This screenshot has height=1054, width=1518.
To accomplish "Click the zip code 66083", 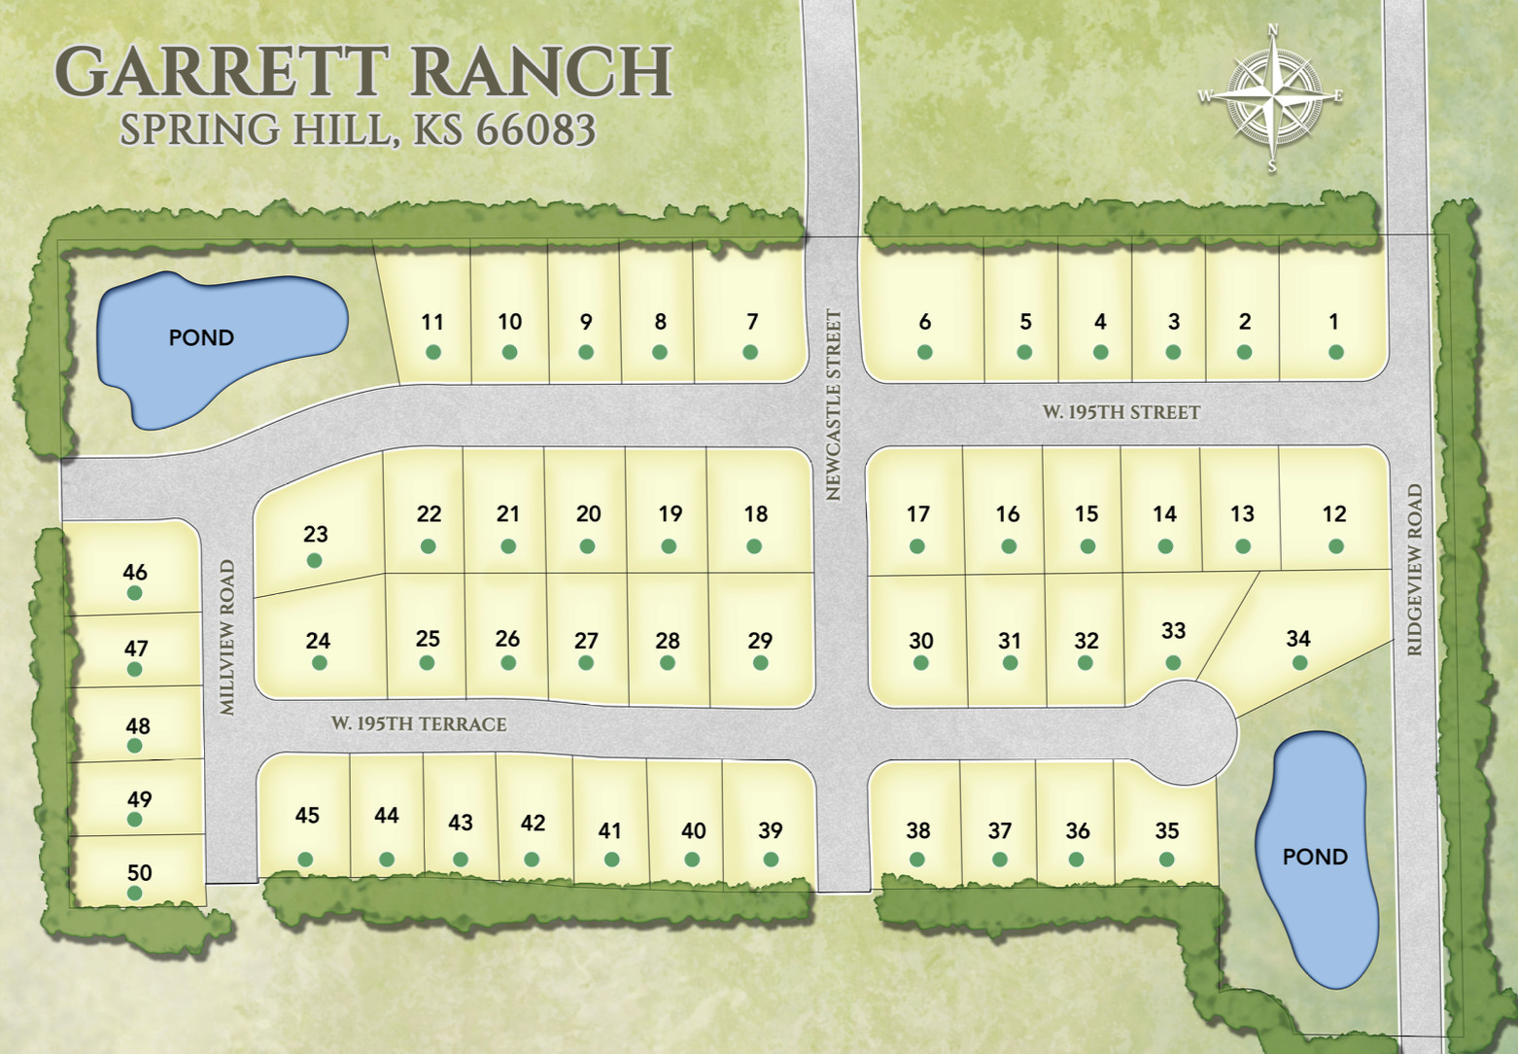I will (x=535, y=130).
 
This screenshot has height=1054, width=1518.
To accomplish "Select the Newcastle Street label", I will (x=833, y=404).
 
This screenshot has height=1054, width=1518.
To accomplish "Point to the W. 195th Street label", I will (x=1121, y=412).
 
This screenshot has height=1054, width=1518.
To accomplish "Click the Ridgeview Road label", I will (x=1414, y=570).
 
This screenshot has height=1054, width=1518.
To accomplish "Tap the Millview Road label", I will (x=227, y=637).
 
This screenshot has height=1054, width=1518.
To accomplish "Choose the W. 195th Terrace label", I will (x=418, y=724).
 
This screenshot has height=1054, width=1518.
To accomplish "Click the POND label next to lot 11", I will (x=201, y=337).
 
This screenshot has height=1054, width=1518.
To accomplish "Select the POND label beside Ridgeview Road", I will (x=1315, y=857).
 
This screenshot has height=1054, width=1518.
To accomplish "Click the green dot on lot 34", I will (x=1299, y=663).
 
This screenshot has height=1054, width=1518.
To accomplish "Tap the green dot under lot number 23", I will (x=314, y=560).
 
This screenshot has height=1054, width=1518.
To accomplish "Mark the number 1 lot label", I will (x=1333, y=321).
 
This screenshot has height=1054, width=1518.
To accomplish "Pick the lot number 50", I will (x=139, y=872).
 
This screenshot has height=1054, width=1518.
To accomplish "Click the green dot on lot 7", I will (x=750, y=352).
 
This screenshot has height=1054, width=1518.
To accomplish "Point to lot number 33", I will (x=1173, y=631).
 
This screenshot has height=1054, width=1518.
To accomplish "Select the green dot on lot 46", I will (x=135, y=593).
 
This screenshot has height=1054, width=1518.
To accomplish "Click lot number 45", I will (x=307, y=815).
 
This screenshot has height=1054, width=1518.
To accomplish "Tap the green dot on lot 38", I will (x=916, y=860).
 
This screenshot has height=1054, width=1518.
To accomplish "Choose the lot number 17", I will (x=918, y=513).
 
